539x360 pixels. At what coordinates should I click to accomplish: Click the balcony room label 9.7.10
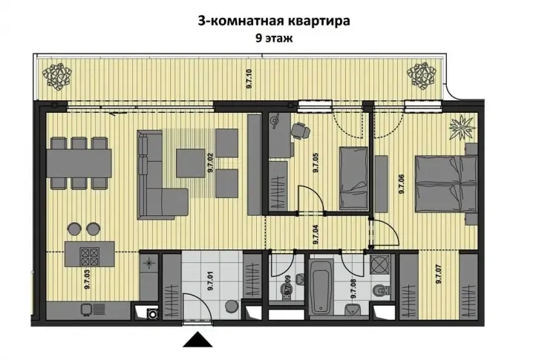tap(249, 78)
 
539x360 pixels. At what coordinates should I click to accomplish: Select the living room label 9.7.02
tap(211, 162)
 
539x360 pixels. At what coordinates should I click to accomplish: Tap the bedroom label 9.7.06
tap(402, 183)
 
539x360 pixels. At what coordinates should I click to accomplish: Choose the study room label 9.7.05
tap(316, 162)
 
